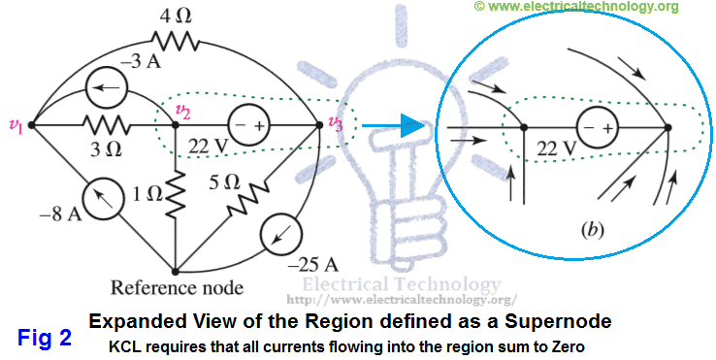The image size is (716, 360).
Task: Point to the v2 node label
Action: [x=182, y=112]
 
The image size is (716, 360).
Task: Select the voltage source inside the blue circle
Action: [x=596, y=127]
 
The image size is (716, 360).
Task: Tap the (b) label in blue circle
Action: [x=592, y=230]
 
